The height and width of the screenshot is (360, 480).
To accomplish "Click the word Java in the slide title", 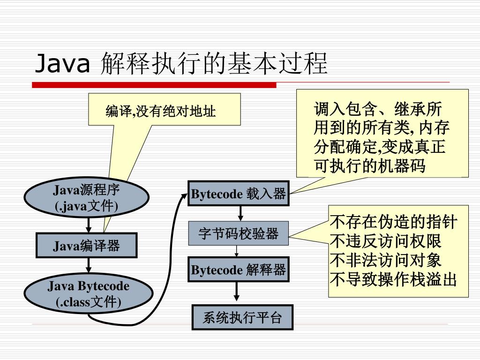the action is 62,64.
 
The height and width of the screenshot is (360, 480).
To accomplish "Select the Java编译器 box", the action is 86,245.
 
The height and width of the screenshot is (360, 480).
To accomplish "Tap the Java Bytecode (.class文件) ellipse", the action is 89,294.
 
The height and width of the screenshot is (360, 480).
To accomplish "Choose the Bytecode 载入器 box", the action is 238,193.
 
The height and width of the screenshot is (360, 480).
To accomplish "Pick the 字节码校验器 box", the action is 238,233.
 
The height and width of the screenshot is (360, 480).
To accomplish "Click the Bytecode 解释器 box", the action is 238,270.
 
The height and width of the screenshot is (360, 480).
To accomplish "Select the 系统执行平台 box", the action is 242,318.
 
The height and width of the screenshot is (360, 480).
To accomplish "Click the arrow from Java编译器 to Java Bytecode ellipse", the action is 88,267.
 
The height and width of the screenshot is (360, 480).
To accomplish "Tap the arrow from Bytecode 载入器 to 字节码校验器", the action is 240,213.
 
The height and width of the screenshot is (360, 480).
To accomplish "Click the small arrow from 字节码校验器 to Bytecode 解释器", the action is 237,251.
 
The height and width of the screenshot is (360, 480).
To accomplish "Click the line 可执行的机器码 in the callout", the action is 370,165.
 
